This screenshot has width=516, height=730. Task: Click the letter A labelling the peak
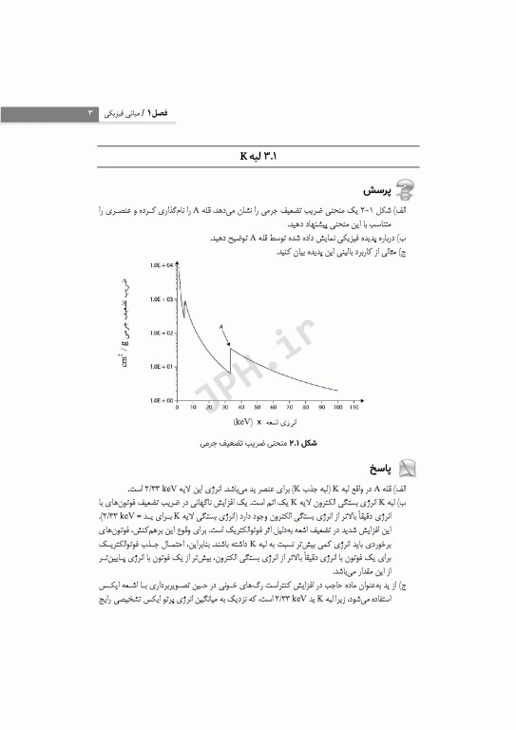click(x=221, y=326)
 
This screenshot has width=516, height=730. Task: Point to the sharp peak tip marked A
click(x=231, y=348)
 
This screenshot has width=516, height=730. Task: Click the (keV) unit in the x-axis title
click(x=244, y=420)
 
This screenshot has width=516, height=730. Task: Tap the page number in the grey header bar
click(x=91, y=114)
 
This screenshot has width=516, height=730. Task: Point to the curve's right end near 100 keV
click(x=337, y=391)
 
